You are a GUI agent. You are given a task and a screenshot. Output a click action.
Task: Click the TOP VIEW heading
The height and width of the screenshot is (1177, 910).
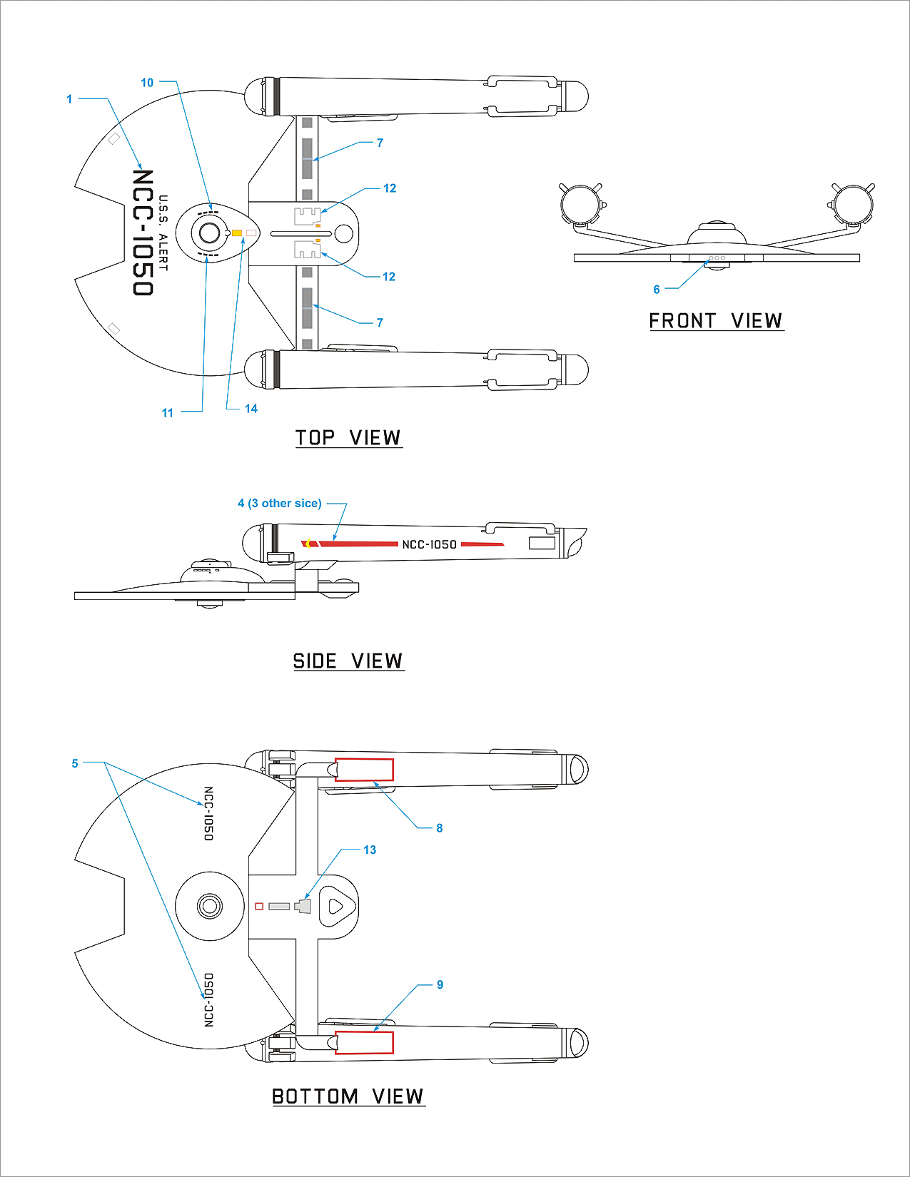click(348, 437)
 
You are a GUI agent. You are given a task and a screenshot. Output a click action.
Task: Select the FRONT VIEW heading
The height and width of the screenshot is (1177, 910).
click(716, 321)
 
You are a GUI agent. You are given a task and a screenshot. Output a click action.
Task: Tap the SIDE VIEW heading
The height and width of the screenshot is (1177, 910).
click(348, 661)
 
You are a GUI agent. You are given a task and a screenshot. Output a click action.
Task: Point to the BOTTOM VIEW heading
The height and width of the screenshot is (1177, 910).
click(348, 1096)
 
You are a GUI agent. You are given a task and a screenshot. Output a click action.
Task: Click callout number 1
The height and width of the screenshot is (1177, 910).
click(69, 99)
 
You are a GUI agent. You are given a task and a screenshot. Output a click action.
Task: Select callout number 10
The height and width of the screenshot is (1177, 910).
click(147, 83)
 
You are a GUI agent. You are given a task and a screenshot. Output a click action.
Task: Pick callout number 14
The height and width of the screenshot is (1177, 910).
click(251, 409)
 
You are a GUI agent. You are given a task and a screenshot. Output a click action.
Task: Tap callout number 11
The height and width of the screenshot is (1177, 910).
click(168, 413)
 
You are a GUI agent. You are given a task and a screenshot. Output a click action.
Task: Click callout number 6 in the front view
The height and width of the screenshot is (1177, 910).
click(657, 290)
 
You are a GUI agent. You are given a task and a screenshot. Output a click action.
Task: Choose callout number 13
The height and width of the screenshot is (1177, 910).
click(370, 850)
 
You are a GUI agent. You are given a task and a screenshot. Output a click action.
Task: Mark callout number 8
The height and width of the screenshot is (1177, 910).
click(440, 828)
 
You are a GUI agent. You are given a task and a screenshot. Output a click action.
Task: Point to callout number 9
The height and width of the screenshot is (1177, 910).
click(440, 984)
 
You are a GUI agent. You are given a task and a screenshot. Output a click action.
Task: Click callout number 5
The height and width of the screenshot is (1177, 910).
click(75, 763)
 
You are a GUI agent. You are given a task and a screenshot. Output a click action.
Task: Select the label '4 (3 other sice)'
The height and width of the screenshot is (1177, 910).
click(280, 504)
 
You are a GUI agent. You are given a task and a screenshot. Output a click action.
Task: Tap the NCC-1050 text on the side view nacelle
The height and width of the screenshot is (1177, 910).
click(429, 544)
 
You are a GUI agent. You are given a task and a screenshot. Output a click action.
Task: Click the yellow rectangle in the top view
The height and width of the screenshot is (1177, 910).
click(236, 233)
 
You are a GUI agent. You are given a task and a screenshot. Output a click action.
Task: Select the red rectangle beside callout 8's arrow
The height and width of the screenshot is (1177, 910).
click(364, 770)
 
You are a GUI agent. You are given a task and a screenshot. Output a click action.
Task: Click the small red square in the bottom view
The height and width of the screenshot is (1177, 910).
click(259, 907)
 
